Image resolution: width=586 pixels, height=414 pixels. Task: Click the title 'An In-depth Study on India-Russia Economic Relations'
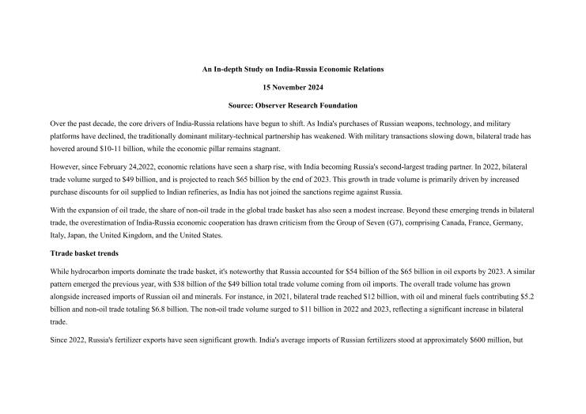click(293, 70)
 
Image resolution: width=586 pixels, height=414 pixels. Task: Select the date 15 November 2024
click(293, 88)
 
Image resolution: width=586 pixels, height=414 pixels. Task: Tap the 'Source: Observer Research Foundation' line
click(293, 105)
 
